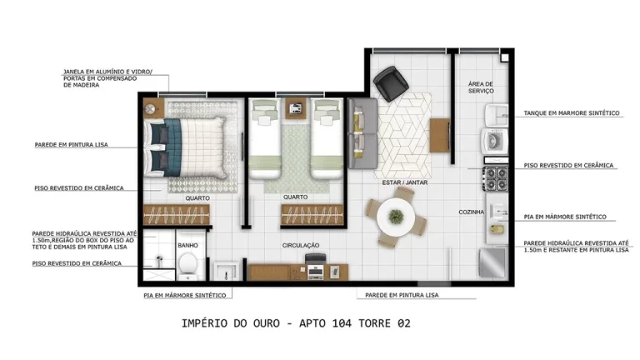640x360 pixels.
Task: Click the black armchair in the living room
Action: tap(390, 84)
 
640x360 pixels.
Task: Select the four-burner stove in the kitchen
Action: tap(497, 177)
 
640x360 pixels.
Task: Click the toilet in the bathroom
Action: tap(188, 264)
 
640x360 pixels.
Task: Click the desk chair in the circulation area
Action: tap(315, 260)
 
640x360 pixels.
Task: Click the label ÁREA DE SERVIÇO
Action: tap(481, 87)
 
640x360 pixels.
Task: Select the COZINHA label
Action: tap(471, 212)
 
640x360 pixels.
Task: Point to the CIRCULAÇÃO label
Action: tap(301, 245)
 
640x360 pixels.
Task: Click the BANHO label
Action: tap(187, 245)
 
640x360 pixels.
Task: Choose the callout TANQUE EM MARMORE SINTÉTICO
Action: tap(571, 112)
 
